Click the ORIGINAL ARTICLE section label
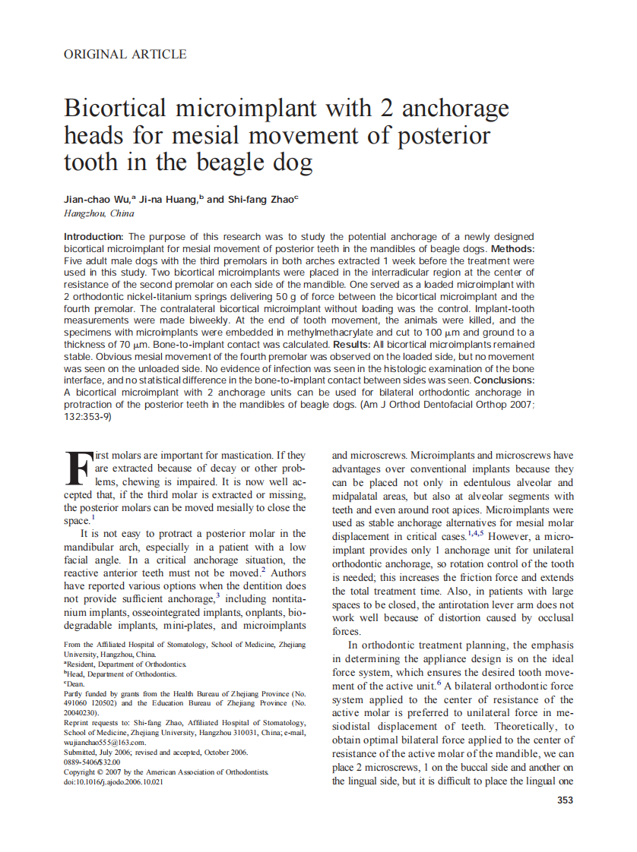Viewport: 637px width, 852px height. point(125,54)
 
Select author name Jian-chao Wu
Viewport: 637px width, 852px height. point(98,199)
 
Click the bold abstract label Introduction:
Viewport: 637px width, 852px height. point(93,237)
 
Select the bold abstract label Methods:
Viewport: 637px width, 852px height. point(513,248)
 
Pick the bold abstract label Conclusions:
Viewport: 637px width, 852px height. point(504,380)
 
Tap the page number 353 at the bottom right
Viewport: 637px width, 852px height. point(565,800)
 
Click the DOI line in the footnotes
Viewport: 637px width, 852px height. point(113,781)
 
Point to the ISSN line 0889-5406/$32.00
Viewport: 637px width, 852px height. point(92,762)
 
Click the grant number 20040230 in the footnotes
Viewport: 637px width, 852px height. point(81,713)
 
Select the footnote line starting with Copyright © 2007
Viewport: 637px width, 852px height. point(166,772)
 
